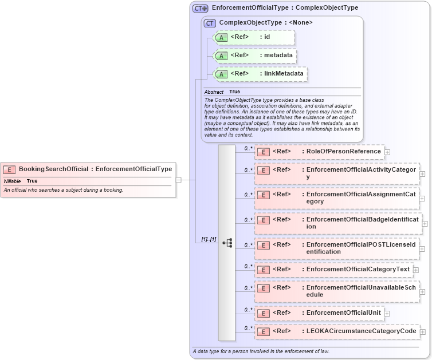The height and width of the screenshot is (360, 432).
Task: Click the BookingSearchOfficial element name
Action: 53,169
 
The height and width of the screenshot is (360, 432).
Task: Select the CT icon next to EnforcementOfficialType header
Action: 200,8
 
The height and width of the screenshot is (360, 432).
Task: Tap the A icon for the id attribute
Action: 221,38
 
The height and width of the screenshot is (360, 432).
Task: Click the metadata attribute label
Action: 278,56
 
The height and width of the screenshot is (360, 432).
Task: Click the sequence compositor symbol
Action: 227,243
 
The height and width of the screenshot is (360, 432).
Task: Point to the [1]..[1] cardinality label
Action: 209,239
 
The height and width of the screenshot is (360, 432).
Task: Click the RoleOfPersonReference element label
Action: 343,151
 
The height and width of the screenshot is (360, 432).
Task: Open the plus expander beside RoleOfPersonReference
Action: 388,152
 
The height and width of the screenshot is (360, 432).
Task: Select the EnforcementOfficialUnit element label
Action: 343,312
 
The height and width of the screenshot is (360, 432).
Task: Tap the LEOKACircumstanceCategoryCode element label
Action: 361,331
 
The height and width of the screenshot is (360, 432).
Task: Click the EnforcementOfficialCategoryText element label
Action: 358,269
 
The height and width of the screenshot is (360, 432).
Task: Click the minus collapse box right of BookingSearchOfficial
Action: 179,180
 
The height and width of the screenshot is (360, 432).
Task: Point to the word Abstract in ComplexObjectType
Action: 214,92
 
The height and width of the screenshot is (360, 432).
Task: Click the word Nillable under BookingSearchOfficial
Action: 13,181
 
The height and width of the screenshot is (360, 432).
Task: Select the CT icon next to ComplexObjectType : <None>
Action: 210,23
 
